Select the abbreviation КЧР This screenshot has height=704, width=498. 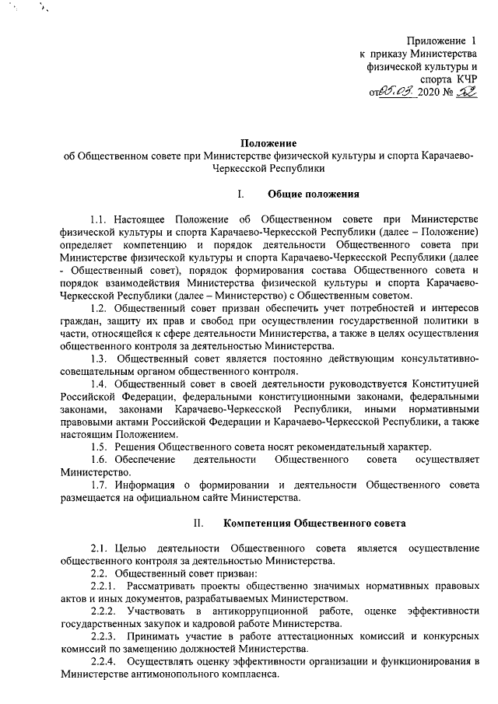(x=464, y=79)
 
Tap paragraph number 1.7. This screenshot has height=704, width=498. (x=100, y=483)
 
